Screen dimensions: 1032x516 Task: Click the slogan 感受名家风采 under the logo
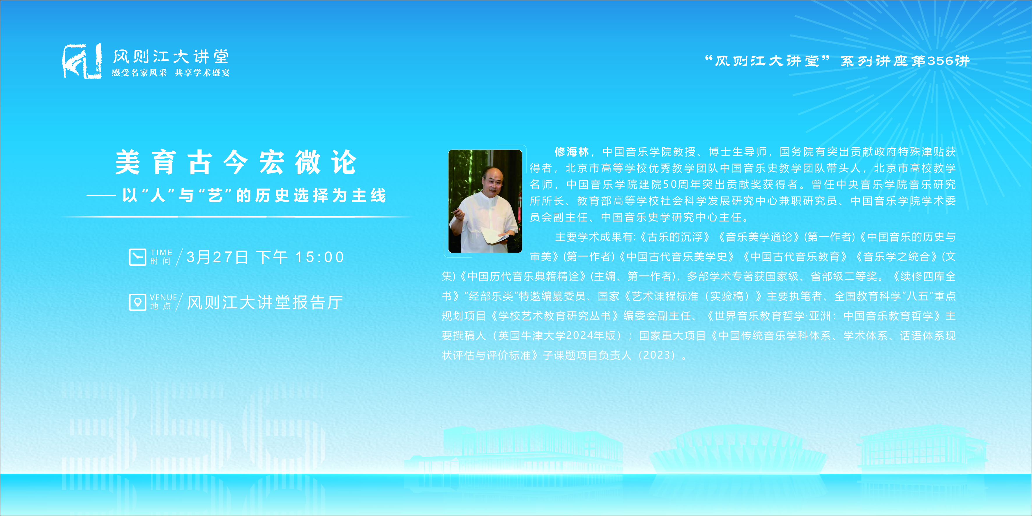click(139, 73)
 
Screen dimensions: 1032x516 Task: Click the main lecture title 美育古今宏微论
click(236, 162)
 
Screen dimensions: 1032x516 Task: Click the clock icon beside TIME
click(137, 257)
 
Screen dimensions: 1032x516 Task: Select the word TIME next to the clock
click(161, 253)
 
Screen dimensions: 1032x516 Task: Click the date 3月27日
click(217, 257)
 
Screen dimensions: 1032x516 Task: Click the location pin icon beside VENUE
click(137, 302)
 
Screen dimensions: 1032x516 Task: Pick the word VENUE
click(163, 297)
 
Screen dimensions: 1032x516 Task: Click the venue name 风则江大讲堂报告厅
click(265, 302)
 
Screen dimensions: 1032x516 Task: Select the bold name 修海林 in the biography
click(572, 152)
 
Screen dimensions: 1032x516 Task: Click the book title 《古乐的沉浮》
click(673, 237)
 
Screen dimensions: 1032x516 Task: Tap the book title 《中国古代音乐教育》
click(795, 257)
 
